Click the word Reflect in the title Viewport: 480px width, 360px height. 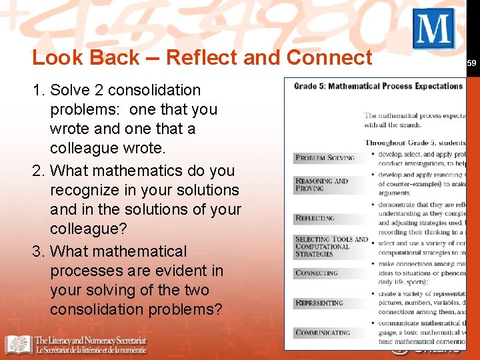coord(201,58)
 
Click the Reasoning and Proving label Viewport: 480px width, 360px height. coord(322,185)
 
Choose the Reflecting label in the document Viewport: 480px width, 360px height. coord(315,218)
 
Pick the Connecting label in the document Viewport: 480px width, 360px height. coord(317,273)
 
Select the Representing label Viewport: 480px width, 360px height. coord(319,303)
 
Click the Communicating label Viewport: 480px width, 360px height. coord(323,333)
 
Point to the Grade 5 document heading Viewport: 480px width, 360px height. coord(378,86)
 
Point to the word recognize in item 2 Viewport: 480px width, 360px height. coord(86,190)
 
